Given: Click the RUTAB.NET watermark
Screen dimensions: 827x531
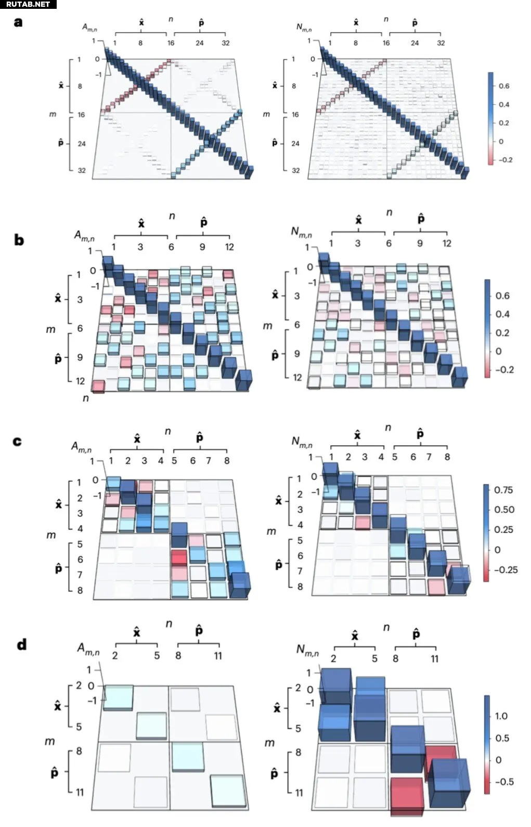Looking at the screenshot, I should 28,4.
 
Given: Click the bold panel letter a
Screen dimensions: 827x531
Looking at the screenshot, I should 18,22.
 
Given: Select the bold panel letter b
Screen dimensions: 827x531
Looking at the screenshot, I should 19,240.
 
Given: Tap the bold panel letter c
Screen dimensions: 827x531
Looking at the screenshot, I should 18,441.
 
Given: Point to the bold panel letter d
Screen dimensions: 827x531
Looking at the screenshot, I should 21,644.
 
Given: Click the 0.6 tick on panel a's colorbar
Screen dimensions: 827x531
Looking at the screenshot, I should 503,86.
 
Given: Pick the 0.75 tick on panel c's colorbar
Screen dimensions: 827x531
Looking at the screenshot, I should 503,490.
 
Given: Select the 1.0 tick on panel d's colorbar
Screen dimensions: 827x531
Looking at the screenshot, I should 501,716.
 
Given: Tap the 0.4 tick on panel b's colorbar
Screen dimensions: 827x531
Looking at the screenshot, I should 502,314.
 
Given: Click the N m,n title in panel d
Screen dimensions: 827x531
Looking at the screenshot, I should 307,650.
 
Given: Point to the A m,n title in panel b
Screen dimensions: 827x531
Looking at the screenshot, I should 84,236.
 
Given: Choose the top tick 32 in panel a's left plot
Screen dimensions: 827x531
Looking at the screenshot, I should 225,43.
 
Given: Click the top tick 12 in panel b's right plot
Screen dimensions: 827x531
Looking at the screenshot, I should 447,243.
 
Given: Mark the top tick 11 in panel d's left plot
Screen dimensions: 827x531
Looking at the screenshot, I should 217,655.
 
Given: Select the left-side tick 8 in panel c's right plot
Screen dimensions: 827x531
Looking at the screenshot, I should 300,586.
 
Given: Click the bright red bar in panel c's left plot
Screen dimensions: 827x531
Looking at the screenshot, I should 179,558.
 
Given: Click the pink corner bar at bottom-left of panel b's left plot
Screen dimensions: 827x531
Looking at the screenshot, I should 98,386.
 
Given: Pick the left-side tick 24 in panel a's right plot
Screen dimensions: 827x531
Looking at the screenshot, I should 295,143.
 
